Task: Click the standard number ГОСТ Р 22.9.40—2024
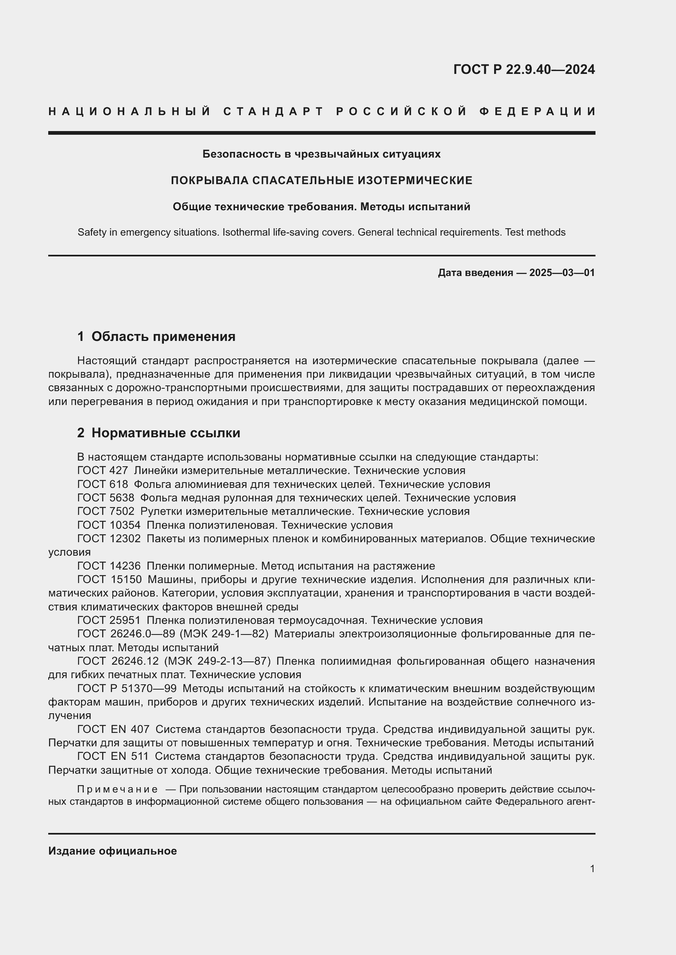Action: (524, 69)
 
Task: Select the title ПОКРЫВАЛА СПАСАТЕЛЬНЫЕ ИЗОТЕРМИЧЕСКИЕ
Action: (321, 180)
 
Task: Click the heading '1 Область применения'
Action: (156, 336)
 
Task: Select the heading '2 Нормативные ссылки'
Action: (159, 433)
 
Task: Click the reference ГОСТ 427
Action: (103, 471)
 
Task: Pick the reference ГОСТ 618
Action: (103, 485)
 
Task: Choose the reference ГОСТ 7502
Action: (106, 512)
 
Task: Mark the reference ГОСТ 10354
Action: (109, 525)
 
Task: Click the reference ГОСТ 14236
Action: (109, 566)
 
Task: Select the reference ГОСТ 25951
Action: (109, 621)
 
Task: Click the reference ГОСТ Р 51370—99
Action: (127, 689)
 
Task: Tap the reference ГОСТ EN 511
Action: (113, 757)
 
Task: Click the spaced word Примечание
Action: (117, 790)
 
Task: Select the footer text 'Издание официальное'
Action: (112, 851)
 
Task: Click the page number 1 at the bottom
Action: (592, 869)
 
